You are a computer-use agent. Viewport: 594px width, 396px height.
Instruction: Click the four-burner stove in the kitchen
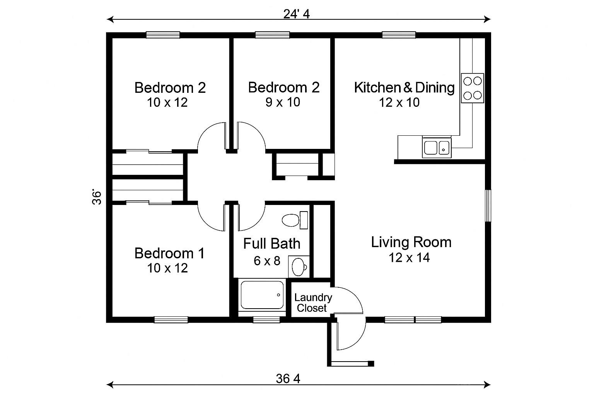(472, 88)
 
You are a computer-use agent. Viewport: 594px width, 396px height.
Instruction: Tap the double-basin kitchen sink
(436, 147)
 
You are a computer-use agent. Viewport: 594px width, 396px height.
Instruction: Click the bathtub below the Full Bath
(262, 295)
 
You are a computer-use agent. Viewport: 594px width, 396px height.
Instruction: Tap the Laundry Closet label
(312, 303)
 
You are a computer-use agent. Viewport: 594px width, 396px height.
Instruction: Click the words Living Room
(411, 242)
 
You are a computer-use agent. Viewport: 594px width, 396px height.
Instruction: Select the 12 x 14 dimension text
(409, 258)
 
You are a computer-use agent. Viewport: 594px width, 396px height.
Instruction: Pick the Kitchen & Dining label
(404, 88)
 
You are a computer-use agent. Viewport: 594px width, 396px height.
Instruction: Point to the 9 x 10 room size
(283, 102)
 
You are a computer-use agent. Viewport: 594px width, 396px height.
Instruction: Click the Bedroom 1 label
(169, 254)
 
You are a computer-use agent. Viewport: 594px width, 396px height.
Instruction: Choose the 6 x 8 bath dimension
(267, 261)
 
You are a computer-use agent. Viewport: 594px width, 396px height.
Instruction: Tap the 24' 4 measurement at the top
(297, 14)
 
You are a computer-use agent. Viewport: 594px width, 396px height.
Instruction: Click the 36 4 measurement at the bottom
(288, 379)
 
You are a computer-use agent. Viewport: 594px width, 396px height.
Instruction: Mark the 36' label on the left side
(97, 197)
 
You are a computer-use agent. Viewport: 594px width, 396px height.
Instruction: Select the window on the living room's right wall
(488, 205)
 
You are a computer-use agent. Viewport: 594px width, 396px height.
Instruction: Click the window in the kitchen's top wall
(399, 35)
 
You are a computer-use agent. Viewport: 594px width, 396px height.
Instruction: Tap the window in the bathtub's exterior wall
(266, 320)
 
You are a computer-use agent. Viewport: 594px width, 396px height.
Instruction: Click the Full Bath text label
(271, 244)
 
